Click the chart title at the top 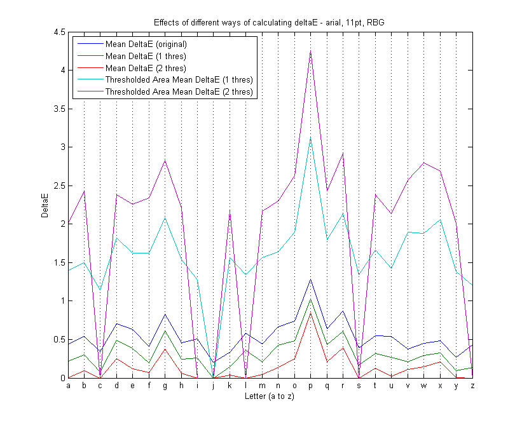tap(270, 22)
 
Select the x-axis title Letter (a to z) tap(270, 396)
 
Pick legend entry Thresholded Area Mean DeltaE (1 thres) tap(179, 80)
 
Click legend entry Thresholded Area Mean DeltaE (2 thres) tap(179, 92)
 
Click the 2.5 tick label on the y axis tap(58, 186)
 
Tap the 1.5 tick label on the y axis tap(58, 262)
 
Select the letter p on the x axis tap(310, 386)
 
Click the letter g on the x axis tap(165, 386)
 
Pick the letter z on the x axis tap(472, 386)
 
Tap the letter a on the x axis tap(69, 386)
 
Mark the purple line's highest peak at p tap(310, 51)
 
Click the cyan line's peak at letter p tap(310, 137)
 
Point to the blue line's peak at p tap(310, 279)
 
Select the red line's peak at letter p tap(310, 313)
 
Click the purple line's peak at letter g tap(165, 160)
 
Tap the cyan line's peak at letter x tap(439, 219)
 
